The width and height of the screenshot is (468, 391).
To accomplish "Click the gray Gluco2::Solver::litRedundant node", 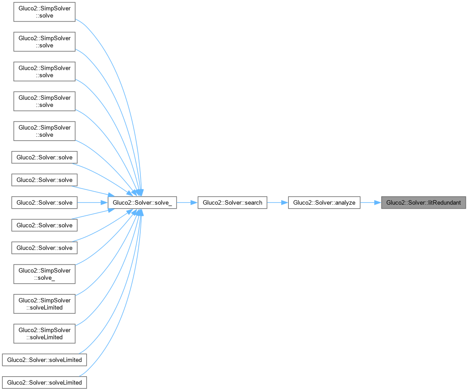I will coord(423,202).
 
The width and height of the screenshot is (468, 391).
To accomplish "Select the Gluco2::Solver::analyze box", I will coord(324,202).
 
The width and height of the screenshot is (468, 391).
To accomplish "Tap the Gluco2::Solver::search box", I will coord(232,202).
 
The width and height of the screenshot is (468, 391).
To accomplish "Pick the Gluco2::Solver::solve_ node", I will coord(142,202).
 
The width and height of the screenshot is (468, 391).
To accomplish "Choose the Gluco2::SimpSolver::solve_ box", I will coord(44,274).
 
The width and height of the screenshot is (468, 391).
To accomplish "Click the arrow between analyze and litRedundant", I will coord(370,202).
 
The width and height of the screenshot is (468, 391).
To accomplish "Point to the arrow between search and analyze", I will coord(278,202).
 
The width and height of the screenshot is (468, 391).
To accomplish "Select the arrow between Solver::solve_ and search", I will coord(187,202).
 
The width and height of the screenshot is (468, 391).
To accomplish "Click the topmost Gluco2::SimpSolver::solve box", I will coord(44,12).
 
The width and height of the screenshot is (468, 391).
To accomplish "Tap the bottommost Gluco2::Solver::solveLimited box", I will coord(44,383).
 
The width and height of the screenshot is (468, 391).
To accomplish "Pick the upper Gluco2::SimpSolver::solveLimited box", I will coord(44,304).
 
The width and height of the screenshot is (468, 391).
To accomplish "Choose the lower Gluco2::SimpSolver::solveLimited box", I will coord(44,333).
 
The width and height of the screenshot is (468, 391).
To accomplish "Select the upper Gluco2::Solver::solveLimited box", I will coord(44,360).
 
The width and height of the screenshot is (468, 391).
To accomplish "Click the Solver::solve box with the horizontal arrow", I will coord(44,202).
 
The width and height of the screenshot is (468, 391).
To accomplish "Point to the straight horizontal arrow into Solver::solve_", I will coord(93,202).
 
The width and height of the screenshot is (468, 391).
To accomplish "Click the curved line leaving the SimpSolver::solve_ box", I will coord(103,255).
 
